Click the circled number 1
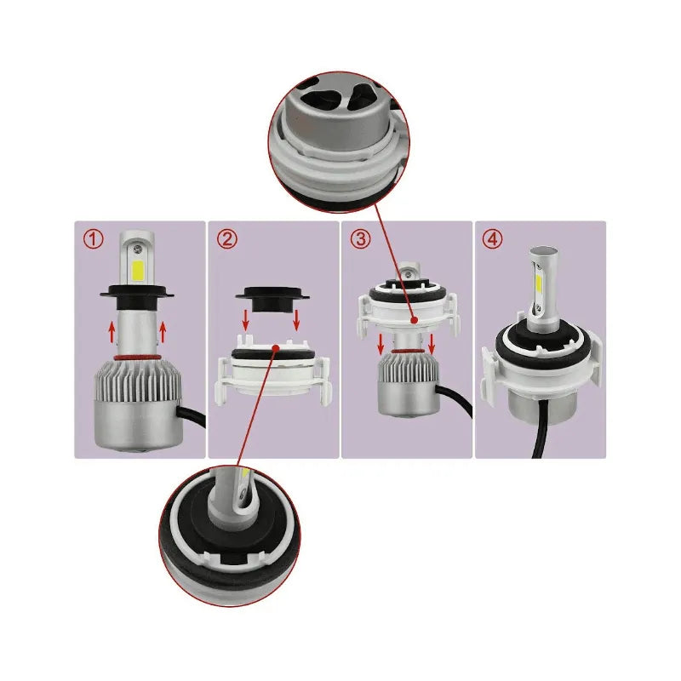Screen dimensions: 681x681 [93, 239]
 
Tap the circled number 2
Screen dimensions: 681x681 [226, 239]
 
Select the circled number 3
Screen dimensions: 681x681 [360, 239]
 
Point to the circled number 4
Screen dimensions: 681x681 [492, 239]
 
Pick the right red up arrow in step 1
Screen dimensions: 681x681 [163, 329]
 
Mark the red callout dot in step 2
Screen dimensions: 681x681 [276, 347]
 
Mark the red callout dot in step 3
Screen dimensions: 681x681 [414, 321]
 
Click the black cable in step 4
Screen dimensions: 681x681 [538, 443]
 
